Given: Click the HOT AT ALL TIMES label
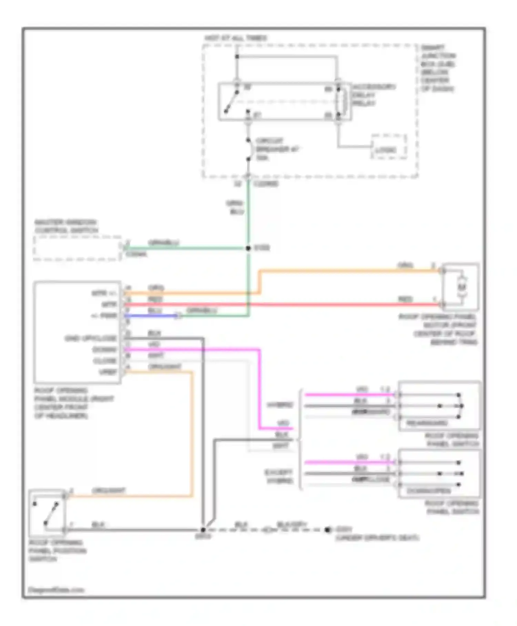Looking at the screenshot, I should point(235,38).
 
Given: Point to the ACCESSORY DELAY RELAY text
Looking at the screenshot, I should point(373,95).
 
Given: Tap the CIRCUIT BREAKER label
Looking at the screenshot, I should point(276,149).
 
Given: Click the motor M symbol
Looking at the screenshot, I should point(462,287).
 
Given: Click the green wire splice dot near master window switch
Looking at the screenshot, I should point(248,248).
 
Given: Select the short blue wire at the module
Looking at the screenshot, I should point(151,315).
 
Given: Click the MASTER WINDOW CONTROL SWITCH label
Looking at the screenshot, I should point(66,226).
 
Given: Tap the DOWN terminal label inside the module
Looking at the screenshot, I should point(105,350).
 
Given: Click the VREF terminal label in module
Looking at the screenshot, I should point(108,372).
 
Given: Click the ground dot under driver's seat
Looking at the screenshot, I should point(327,529).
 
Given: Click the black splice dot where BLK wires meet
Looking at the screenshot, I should point(203,530).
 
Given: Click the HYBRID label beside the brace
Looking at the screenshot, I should point(280,404).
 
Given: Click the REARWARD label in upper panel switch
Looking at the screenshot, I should point(427,423).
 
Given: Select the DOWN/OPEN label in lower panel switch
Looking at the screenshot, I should point(428,491).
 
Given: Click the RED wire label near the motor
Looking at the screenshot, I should point(405,299).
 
